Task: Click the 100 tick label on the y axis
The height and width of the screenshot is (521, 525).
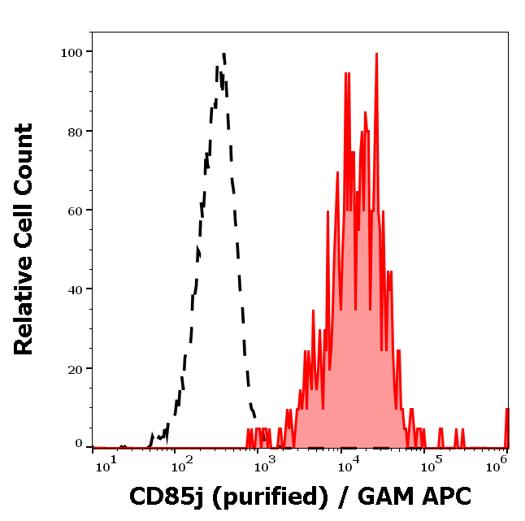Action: (x=72, y=52)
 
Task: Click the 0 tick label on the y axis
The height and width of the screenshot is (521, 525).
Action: (x=79, y=444)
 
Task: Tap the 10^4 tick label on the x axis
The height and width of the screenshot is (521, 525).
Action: (x=348, y=464)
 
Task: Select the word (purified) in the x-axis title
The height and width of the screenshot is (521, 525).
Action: (x=262, y=497)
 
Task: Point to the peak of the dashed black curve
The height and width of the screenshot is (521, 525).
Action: (x=222, y=54)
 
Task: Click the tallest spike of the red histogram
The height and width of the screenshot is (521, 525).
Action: (x=376, y=54)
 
